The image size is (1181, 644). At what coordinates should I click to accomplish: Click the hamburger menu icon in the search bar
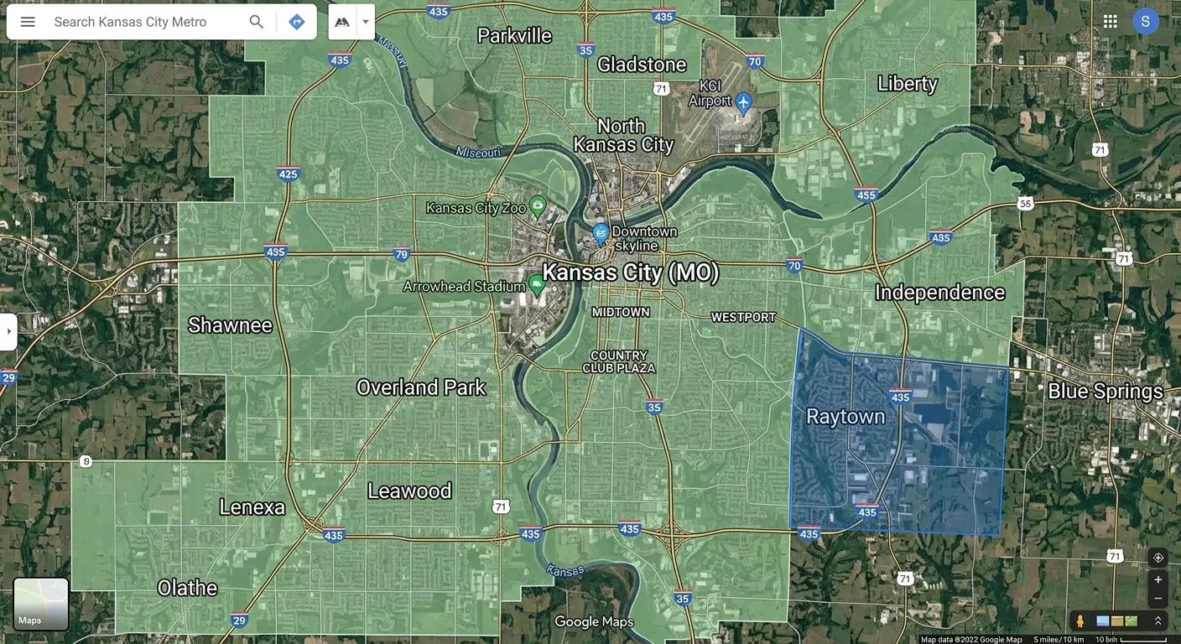pyautogui.click(x=28, y=22)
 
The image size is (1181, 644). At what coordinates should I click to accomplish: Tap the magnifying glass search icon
pyautogui.click(x=257, y=22)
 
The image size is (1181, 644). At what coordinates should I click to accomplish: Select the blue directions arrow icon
pyautogui.click(x=296, y=22)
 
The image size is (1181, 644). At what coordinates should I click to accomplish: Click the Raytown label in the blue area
pyautogui.click(x=845, y=417)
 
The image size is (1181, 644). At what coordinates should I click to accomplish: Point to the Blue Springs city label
pyautogui.click(x=1105, y=392)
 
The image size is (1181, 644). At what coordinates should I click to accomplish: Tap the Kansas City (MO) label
pyautogui.click(x=630, y=273)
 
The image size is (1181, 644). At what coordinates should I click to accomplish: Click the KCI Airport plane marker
pyautogui.click(x=744, y=101)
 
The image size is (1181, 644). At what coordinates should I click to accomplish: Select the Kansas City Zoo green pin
pyautogui.click(x=538, y=205)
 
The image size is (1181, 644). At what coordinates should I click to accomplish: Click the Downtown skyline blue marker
pyautogui.click(x=601, y=232)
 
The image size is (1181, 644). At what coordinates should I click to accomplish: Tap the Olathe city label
pyautogui.click(x=187, y=588)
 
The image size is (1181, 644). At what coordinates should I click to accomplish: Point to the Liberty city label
pyautogui.click(x=907, y=84)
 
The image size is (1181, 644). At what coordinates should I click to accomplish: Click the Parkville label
pyautogui.click(x=514, y=35)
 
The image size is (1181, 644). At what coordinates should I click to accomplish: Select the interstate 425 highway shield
pyautogui.click(x=288, y=174)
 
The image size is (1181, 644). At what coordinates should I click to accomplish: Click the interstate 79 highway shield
pyautogui.click(x=402, y=253)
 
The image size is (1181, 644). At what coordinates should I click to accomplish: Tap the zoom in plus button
pyautogui.click(x=1158, y=579)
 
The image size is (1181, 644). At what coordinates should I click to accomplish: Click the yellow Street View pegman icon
pyautogui.click(x=1080, y=621)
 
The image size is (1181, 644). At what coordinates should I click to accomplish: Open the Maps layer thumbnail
pyautogui.click(x=40, y=604)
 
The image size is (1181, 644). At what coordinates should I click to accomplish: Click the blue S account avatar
pyautogui.click(x=1146, y=22)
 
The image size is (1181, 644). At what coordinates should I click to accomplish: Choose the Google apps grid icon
pyautogui.click(x=1110, y=22)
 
